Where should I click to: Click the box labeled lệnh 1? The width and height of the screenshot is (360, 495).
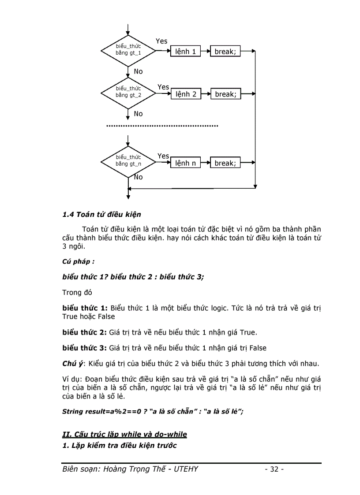tap(185, 52)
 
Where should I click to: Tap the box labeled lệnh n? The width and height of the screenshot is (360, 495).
tap(185, 163)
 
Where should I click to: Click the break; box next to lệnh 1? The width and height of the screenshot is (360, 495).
tap(225, 52)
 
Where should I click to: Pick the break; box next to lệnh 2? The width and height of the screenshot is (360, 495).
tap(225, 94)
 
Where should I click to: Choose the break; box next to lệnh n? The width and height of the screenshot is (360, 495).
tap(225, 163)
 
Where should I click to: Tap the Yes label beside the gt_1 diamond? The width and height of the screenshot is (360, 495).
tap(161, 41)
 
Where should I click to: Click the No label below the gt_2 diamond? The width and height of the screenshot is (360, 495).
tap(138, 114)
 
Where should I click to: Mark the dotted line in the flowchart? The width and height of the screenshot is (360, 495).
tap(162, 126)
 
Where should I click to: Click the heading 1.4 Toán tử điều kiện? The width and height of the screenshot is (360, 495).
tap(102, 215)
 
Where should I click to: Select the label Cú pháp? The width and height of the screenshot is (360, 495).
tap(78, 261)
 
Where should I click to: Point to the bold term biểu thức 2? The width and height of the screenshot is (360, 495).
tap(85, 332)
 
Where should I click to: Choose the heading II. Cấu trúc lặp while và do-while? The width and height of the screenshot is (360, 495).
tap(125, 435)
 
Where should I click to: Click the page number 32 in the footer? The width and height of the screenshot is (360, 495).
tap(274, 469)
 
